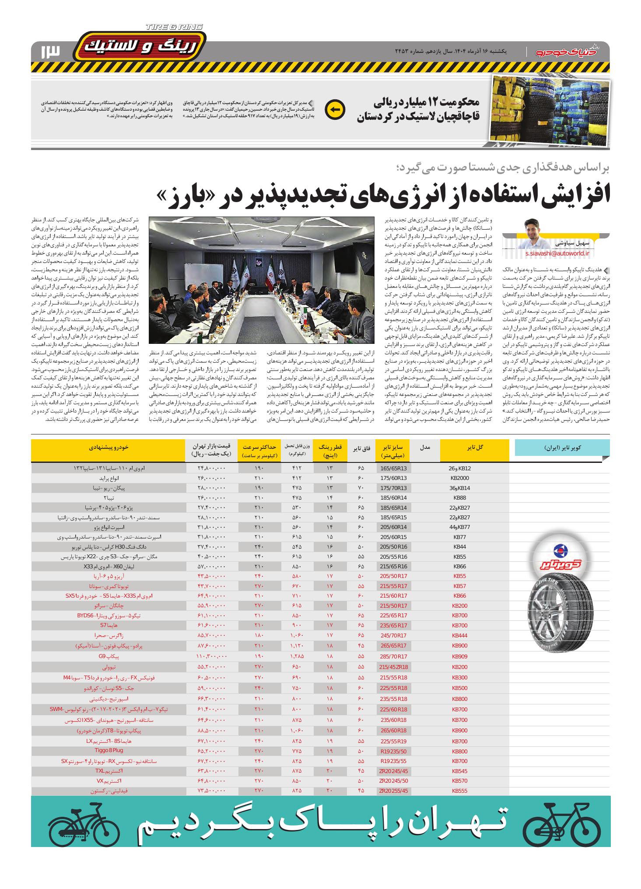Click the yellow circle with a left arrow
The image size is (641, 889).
click(336, 109)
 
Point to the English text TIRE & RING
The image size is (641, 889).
click(174, 27)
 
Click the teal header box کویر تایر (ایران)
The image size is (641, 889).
click(562, 448)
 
